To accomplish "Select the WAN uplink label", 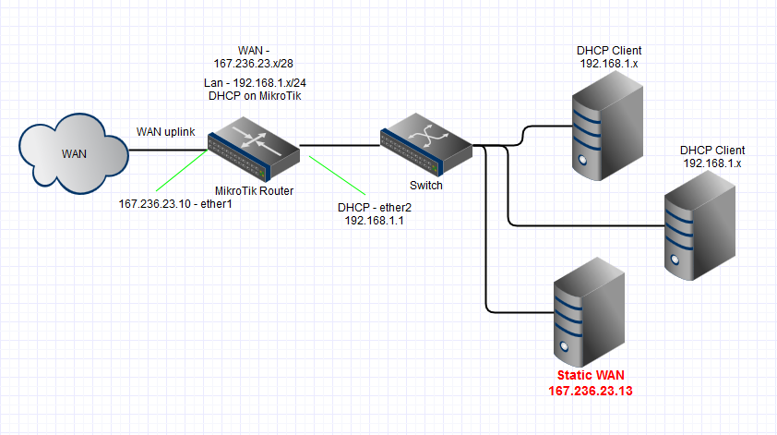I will pos(166,132).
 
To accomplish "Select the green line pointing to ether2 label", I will pos(333,175).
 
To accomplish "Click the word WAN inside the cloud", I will pos(74,153).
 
